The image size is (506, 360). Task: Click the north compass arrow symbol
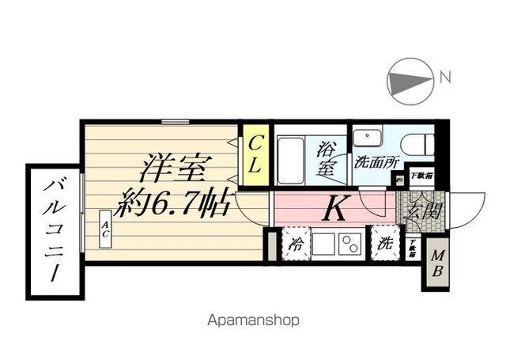click(410, 80)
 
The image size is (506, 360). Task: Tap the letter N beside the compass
click(445, 78)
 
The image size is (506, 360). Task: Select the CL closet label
click(255, 156)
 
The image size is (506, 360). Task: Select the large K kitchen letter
click(334, 210)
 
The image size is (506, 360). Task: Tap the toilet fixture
click(417, 143)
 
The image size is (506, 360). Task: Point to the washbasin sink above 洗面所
click(366, 138)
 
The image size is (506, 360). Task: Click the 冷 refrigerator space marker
click(296, 244)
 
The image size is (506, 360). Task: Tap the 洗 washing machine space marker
click(384, 243)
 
